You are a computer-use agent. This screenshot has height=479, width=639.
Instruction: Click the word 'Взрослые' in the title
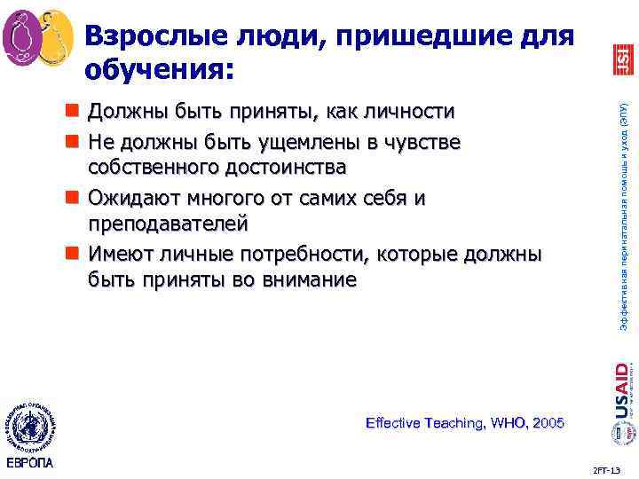coord(160,35)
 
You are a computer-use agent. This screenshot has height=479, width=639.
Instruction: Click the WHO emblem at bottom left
coord(29,422)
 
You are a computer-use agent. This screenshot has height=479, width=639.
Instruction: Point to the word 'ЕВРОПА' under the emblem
coord(29,464)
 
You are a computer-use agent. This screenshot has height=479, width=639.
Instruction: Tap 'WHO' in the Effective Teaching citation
coord(502,423)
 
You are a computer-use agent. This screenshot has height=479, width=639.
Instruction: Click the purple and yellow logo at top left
coord(37,38)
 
